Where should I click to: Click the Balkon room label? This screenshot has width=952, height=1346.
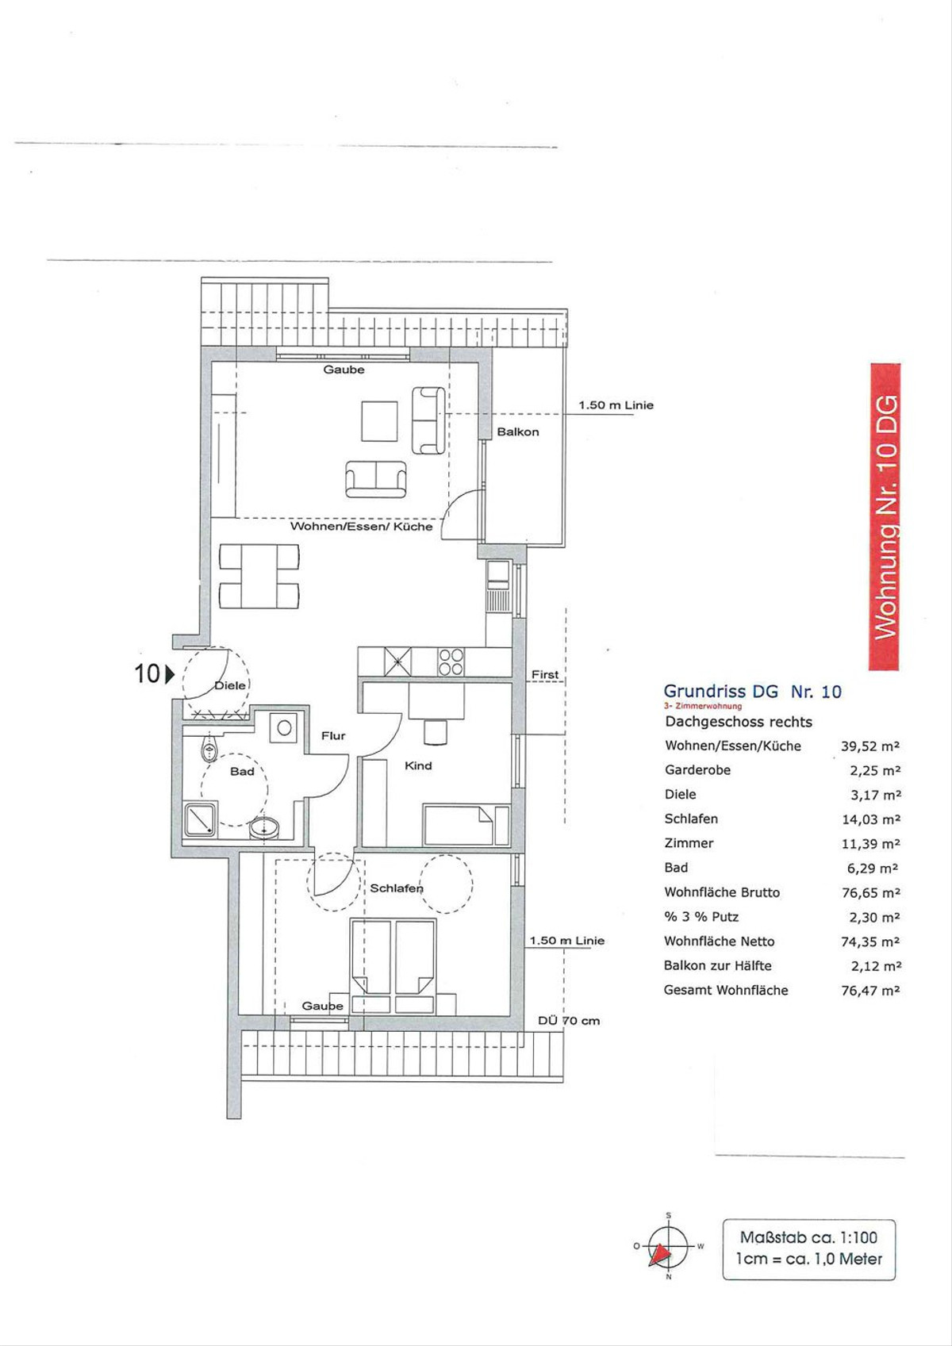coord(517,432)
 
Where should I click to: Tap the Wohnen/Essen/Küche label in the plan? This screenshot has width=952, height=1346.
coord(361,527)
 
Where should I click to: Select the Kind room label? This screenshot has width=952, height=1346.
coord(418,765)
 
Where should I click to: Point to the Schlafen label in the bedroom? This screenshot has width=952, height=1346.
coord(396,888)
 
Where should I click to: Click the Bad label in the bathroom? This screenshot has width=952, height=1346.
coord(242,772)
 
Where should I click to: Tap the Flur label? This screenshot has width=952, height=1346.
coord(333,735)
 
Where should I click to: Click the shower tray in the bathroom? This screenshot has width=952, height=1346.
coord(201,819)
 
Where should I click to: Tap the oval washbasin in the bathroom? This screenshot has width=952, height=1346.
coord(263,827)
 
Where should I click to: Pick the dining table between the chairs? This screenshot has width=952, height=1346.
coord(259,577)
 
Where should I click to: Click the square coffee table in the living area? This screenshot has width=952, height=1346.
coord(379,421)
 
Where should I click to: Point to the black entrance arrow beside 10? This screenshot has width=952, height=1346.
coord(170,674)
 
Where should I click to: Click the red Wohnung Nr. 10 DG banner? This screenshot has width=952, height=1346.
coord(885,517)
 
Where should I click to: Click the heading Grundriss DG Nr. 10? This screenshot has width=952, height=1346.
coord(752,692)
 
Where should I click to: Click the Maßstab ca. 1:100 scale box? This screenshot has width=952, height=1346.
coord(809,1248)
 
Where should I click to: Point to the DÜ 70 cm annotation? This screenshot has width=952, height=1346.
coord(569,1020)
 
